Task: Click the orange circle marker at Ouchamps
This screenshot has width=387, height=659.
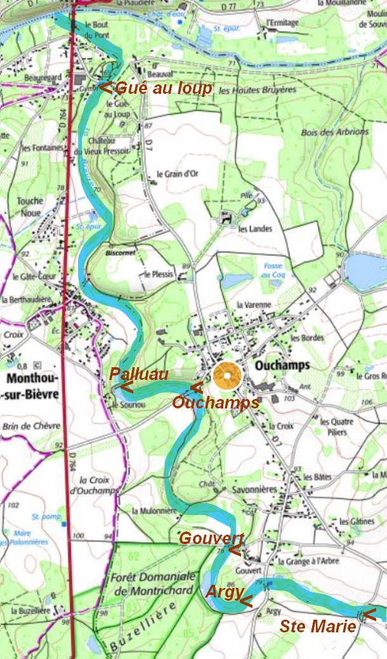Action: pos(227,375)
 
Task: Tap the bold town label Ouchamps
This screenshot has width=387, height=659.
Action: pos(282,365)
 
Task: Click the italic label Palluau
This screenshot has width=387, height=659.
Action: pos(139,375)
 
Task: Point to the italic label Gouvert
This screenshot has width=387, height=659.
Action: pos(211,538)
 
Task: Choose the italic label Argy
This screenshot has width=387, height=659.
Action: pos(224,592)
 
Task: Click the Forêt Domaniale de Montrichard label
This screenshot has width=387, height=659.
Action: pos(152,583)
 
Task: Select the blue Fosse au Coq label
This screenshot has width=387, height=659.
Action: pos(273,270)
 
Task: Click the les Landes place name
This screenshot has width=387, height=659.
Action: pos(251,229)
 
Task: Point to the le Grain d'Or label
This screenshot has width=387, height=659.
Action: pos(177,174)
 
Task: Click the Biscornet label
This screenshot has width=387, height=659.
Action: pos(116,252)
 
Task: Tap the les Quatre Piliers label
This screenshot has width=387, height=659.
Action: pos(336,426)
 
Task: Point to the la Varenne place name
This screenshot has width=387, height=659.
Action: pos(254,305)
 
